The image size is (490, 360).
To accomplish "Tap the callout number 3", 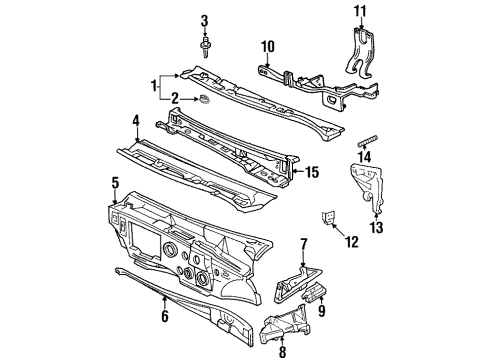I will coord(204,21).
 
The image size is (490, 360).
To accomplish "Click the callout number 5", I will coord(115,182).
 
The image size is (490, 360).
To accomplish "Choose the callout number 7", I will coord(303,243).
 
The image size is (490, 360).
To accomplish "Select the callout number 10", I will coord(267,46).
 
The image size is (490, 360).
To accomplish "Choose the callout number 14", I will coord(363,157).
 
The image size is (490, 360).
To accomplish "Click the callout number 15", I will coord(312,172).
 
